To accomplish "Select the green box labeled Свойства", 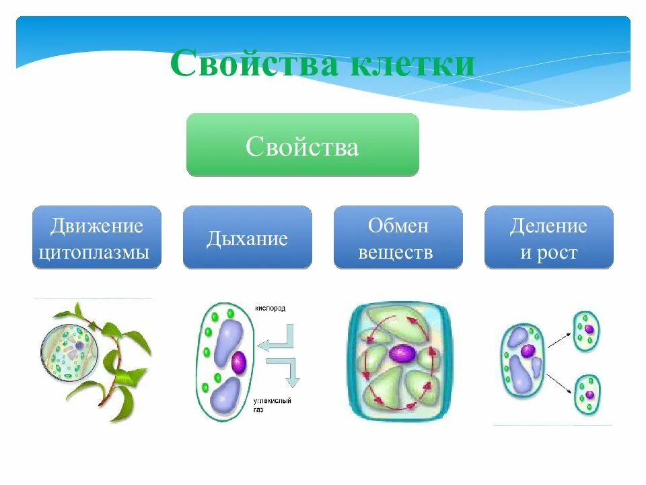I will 302,145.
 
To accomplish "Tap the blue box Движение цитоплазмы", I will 97,238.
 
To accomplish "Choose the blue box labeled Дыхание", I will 247,238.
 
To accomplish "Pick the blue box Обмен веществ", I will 398,238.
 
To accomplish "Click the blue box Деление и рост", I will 548,238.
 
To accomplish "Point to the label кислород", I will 270,308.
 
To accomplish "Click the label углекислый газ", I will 273,405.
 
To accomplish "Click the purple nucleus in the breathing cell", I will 239,363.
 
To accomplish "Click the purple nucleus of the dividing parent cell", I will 528,352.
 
